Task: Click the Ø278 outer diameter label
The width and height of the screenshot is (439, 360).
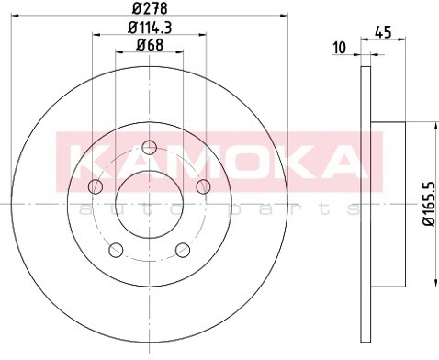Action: pyautogui.click(x=150, y=8)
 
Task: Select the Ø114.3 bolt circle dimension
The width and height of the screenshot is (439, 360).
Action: pyautogui.click(x=150, y=28)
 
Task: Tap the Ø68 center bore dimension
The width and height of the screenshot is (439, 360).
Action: pyautogui.click(x=150, y=45)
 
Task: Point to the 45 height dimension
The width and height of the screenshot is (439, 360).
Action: pyautogui.click(x=383, y=32)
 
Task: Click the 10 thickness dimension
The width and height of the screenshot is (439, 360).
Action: pyautogui.click(x=339, y=48)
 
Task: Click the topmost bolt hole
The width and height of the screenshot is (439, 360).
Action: pyautogui.click(x=150, y=148)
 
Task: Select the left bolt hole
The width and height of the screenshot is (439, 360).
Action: pyautogui.click(x=96, y=186)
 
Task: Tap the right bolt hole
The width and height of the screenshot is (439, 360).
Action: pyautogui.click(x=203, y=186)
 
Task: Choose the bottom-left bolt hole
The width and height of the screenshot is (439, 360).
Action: pyautogui.click(x=116, y=250)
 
